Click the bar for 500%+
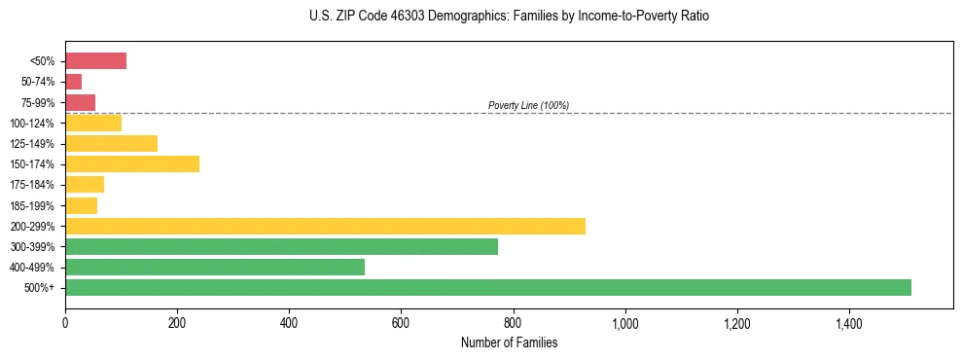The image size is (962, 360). click(487, 287)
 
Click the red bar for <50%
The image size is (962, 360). click(95, 61)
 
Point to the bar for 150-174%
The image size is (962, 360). click(132, 163)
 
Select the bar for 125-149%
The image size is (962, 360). click(111, 143)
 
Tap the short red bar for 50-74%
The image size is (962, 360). click(73, 82)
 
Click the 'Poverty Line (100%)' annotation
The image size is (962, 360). click(528, 105)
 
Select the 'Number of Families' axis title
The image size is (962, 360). click(509, 342)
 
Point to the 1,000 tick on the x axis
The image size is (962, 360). click(624, 323)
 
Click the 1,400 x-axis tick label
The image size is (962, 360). click(848, 323)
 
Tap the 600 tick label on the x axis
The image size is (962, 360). click(401, 323)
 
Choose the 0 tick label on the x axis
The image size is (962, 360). click(65, 323)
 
